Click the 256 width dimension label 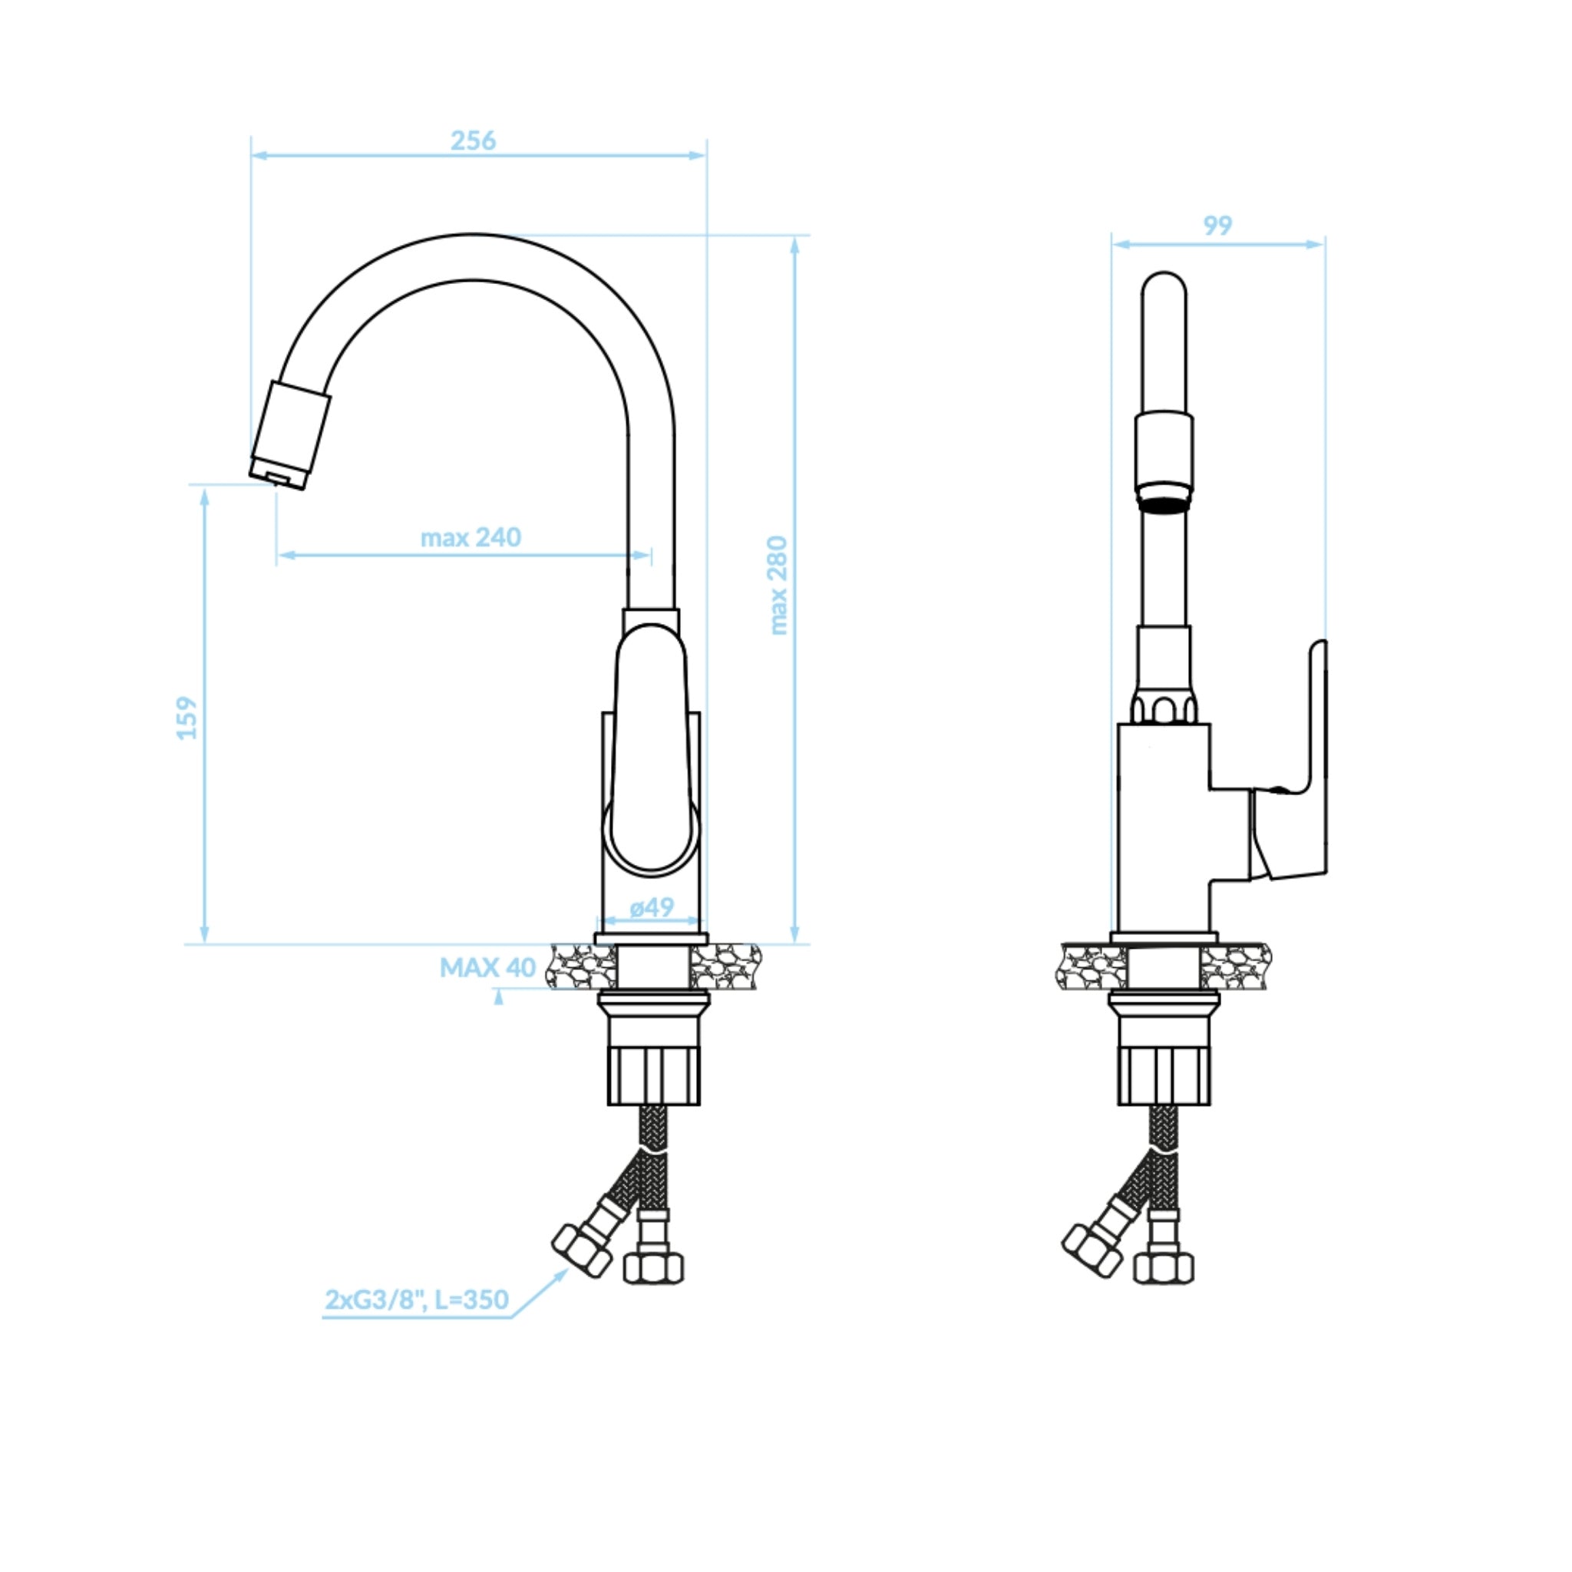tap(473, 140)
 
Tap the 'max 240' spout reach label tap(471, 537)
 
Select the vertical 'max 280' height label tap(778, 585)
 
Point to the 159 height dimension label tap(187, 718)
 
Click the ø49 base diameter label tap(651, 907)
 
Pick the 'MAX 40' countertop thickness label tap(487, 967)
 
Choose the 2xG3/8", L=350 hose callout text tap(417, 1300)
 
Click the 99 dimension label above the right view tap(1217, 226)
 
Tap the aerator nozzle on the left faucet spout tap(289, 436)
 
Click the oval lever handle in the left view tap(651, 750)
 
